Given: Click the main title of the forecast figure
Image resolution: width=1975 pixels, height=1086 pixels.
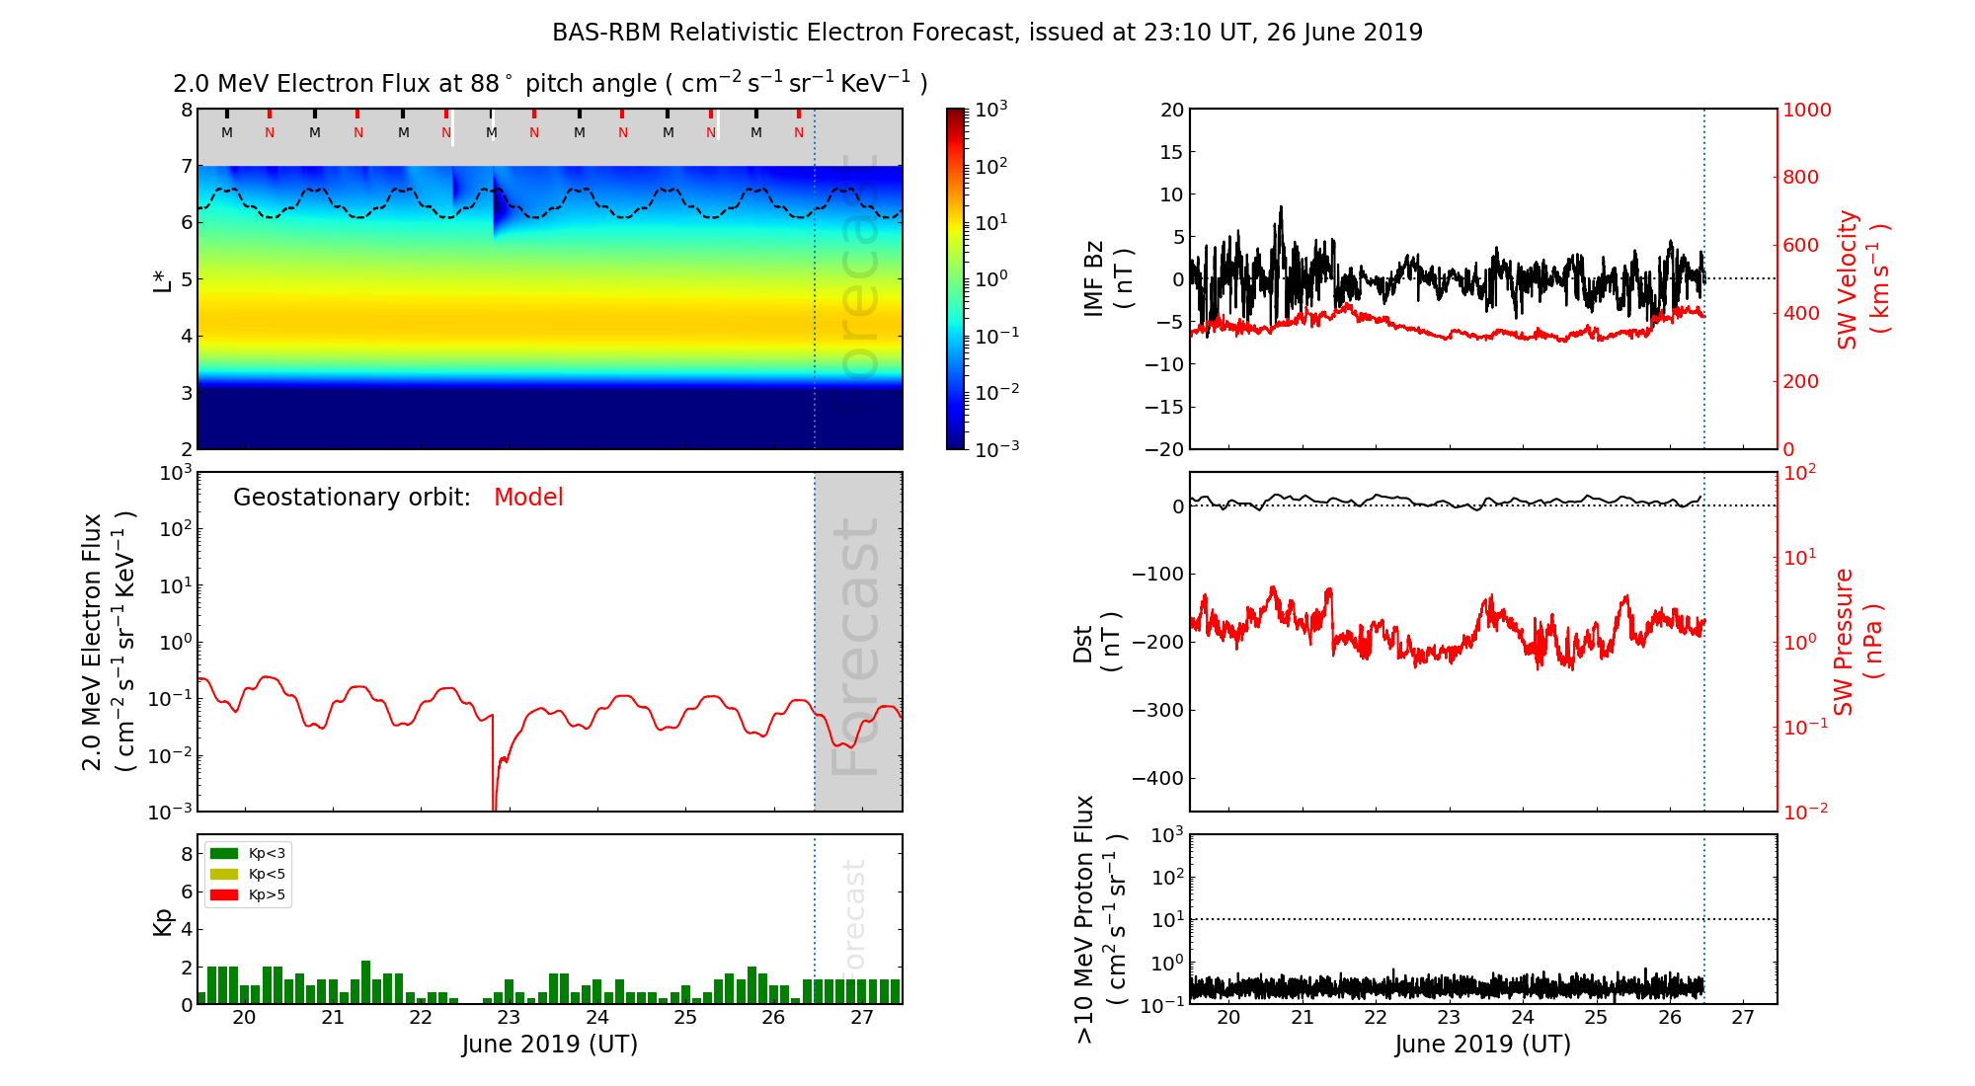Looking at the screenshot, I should click(987, 33).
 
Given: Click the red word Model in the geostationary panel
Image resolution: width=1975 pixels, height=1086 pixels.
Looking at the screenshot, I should click(528, 498).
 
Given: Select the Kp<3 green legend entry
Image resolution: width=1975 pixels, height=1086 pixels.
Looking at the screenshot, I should click(248, 853).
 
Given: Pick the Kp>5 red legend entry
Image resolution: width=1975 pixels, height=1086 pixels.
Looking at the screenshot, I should click(248, 895).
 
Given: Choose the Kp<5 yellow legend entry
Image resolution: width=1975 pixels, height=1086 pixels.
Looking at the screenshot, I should click(248, 874).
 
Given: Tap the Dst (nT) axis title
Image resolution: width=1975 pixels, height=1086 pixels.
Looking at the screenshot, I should click(1096, 642).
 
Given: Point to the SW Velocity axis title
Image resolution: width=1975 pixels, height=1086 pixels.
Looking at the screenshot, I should click(1861, 279).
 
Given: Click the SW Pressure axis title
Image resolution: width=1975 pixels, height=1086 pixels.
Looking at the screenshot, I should click(1857, 642).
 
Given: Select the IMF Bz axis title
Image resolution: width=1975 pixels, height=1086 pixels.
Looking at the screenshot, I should click(1107, 279).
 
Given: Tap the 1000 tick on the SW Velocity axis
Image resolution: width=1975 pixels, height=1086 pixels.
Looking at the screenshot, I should click(1807, 110).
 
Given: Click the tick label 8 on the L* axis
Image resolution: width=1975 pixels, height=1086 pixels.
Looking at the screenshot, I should click(186, 110).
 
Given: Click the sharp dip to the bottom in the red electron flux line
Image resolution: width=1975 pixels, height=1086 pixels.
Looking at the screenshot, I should click(494, 805).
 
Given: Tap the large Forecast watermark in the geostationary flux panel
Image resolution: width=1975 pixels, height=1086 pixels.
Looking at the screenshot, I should click(856, 647).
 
